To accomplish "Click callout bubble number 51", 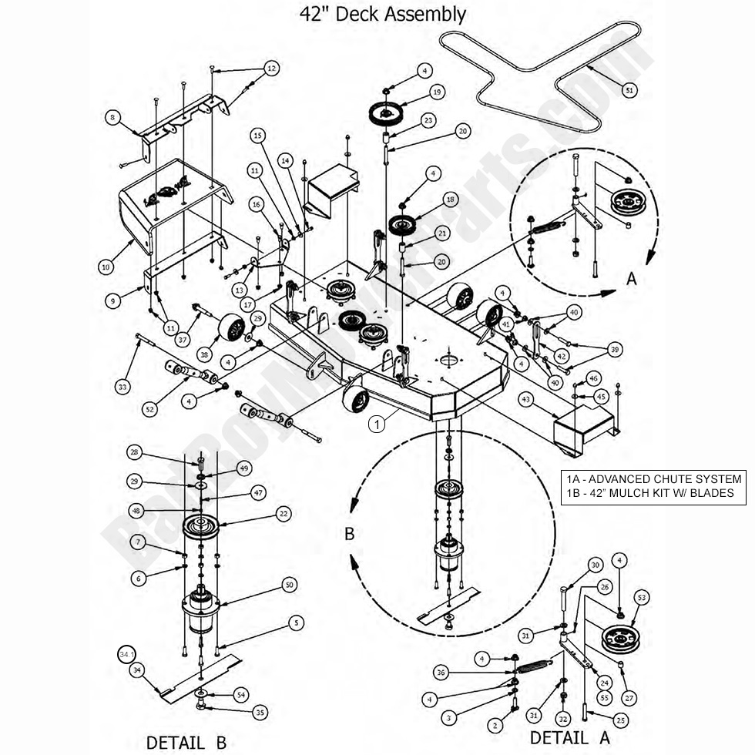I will click(x=629, y=90).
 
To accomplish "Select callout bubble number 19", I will click(x=437, y=92).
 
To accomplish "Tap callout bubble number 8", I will click(x=113, y=118).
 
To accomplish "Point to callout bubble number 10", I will click(x=106, y=267).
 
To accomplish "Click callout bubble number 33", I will click(x=122, y=388).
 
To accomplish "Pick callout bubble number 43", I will click(x=525, y=400).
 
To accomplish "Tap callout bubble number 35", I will click(x=260, y=713).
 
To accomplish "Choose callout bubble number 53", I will click(x=642, y=597).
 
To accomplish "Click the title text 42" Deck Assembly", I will click(x=382, y=14).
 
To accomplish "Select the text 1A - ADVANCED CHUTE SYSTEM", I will click(x=653, y=479).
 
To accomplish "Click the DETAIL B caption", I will click(x=186, y=742).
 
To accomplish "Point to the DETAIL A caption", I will click(x=569, y=737).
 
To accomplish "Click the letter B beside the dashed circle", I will click(x=349, y=534).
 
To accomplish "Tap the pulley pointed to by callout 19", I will click(x=385, y=114).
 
